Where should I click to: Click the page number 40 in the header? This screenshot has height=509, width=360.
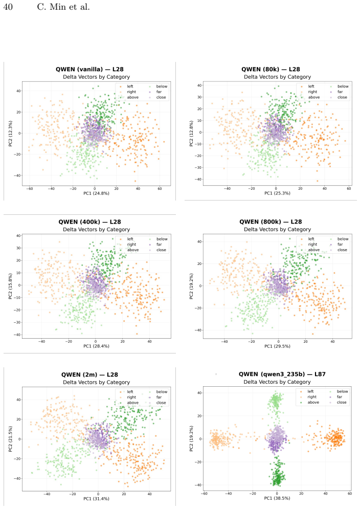(x=8, y=7)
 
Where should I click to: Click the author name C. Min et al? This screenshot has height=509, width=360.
(x=63, y=7)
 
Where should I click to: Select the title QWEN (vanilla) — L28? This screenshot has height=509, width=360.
(x=89, y=69)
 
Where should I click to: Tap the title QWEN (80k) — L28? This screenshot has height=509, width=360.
(x=271, y=69)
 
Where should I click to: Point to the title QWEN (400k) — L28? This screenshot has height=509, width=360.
(x=89, y=222)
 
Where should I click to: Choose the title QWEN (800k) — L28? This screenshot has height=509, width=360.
(x=271, y=222)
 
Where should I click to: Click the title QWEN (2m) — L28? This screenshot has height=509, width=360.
(x=89, y=374)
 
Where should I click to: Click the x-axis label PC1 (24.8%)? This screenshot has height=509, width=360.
(x=97, y=193)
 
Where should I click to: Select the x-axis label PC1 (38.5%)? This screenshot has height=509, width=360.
(x=277, y=498)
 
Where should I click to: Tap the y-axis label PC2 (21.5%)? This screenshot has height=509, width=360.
(x=10, y=439)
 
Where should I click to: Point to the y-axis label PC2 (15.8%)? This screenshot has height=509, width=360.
(x=10, y=286)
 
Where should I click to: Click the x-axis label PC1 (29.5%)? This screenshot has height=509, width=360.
(x=277, y=346)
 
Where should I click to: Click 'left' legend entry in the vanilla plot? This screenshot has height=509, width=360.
(x=130, y=86)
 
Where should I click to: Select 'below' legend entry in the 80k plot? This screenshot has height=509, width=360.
(x=343, y=86)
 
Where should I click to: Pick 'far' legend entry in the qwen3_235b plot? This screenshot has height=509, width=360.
(x=339, y=396)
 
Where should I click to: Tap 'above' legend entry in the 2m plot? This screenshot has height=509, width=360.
(x=133, y=403)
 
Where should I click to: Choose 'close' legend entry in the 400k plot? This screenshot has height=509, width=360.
(x=161, y=250)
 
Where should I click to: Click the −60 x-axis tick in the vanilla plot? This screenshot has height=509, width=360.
(x=29, y=188)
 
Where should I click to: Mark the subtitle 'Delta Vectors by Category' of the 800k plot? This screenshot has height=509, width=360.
(x=278, y=229)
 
